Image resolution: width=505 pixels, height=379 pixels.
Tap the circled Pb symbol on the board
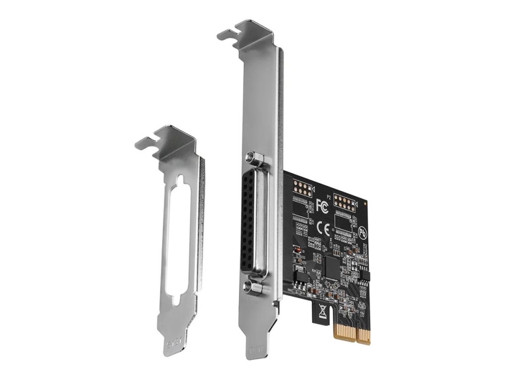362,234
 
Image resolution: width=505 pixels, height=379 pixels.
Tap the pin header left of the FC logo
302,191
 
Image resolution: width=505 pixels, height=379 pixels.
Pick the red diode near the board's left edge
298,252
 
